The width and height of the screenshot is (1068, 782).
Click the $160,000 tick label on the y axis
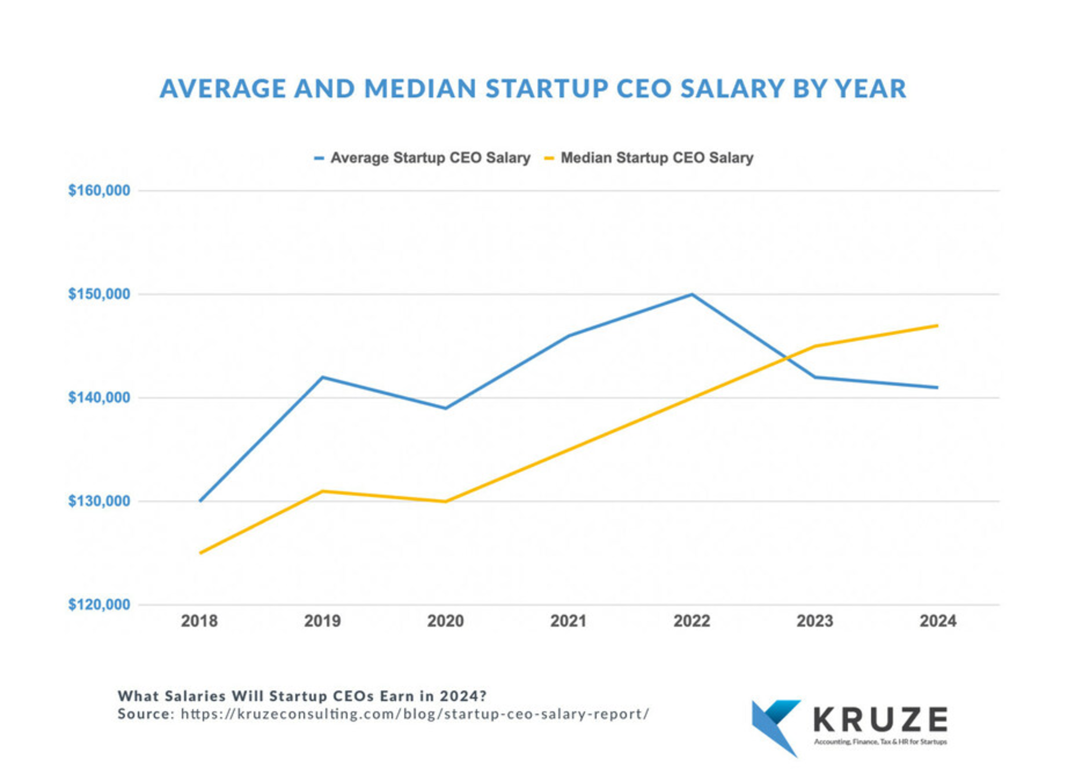(x=99, y=190)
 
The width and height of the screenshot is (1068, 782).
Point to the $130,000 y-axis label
(x=99, y=501)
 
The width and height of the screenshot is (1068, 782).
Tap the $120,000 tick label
(x=99, y=604)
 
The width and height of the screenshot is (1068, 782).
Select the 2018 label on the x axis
(x=199, y=621)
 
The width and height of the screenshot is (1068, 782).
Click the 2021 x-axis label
(x=568, y=621)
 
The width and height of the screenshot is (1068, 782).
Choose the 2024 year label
(x=938, y=621)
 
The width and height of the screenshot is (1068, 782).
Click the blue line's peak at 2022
(x=691, y=294)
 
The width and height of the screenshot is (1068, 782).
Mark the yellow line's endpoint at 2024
(x=937, y=326)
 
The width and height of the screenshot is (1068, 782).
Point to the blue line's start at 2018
(x=200, y=501)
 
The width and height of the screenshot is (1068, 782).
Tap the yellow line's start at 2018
(x=200, y=553)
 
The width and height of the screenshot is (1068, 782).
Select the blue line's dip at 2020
(x=446, y=408)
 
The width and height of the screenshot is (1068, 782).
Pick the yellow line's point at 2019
(x=322, y=491)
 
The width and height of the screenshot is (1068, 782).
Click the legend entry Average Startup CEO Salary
(x=430, y=157)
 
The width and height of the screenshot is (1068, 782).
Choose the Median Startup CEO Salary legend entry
(x=656, y=157)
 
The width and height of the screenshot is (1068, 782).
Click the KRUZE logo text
(x=881, y=720)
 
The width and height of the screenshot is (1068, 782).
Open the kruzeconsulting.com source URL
(x=415, y=714)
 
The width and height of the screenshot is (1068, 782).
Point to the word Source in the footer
(x=143, y=714)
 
